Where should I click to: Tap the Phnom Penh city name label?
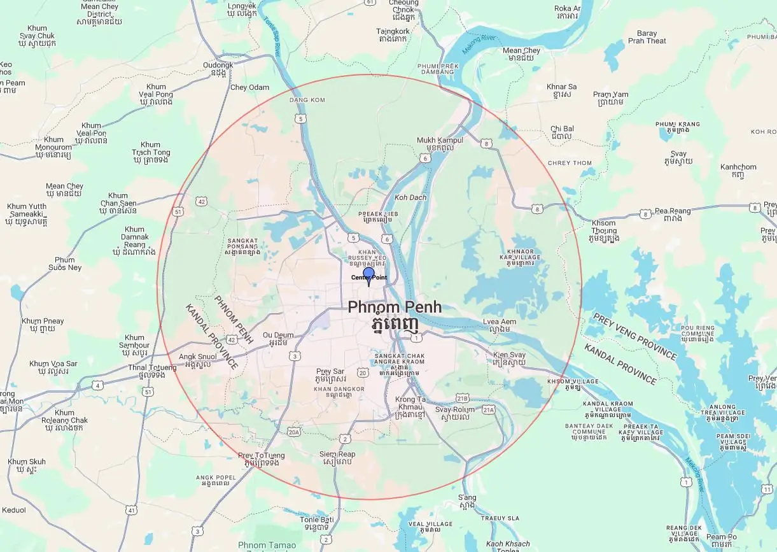[x=394, y=308]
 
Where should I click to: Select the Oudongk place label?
[x=218, y=65]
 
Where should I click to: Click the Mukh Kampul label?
[x=440, y=140]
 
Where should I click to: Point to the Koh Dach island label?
[x=410, y=197]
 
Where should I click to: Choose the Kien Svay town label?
[x=509, y=355]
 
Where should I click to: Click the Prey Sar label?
[x=330, y=371]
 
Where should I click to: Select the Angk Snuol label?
[x=197, y=357]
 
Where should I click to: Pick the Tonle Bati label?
[x=316, y=520]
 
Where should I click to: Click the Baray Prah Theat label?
[x=647, y=37]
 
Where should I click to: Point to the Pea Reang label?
[x=673, y=211]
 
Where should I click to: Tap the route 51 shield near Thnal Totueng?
[x=148, y=392]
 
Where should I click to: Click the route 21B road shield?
[x=463, y=397]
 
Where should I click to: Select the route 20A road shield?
[x=293, y=432]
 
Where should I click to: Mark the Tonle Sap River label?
[x=272, y=36]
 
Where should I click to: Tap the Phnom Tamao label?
[x=267, y=545]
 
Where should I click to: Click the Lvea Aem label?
[x=500, y=322]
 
